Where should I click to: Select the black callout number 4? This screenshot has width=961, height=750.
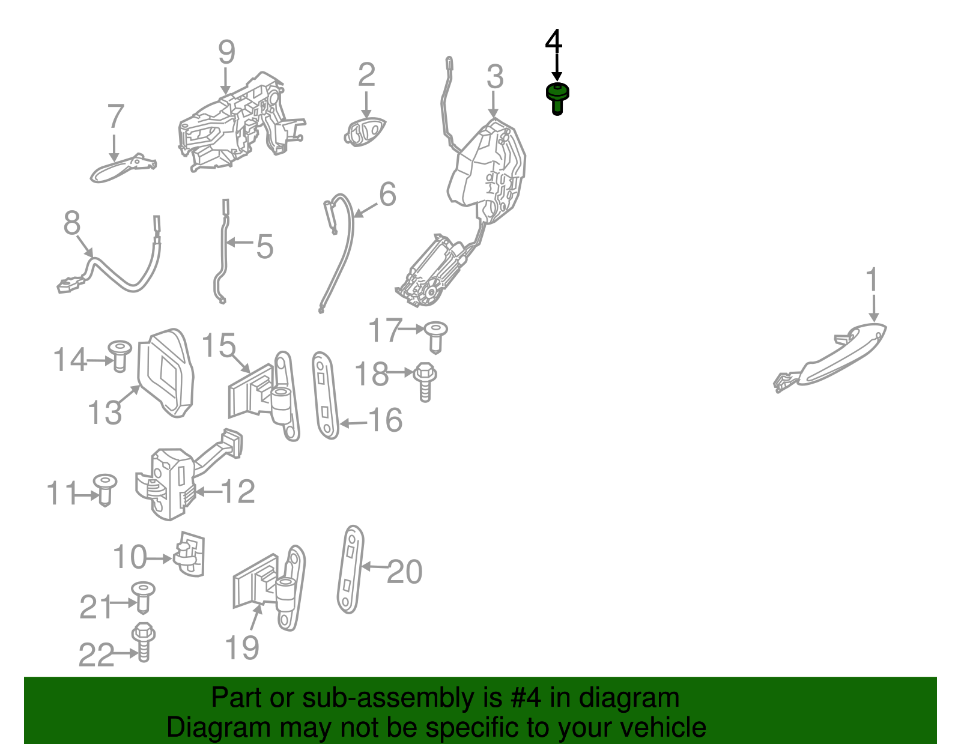click(x=554, y=40)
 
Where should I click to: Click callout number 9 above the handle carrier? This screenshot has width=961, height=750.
click(x=226, y=52)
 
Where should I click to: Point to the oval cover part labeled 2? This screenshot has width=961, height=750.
click(x=365, y=132)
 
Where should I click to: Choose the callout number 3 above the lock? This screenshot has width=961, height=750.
click(x=495, y=76)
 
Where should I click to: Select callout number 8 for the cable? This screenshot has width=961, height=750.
click(x=72, y=222)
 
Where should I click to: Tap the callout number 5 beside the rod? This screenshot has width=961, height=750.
click(x=264, y=246)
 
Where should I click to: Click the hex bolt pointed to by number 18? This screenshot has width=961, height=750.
click(x=425, y=382)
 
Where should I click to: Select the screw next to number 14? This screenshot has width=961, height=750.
click(x=120, y=356)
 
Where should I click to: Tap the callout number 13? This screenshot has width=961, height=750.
click(x=105, y=413)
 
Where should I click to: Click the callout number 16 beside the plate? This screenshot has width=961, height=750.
click(x=385, y=420)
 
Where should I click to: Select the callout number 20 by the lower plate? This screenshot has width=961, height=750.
click(x=405, y=572)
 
